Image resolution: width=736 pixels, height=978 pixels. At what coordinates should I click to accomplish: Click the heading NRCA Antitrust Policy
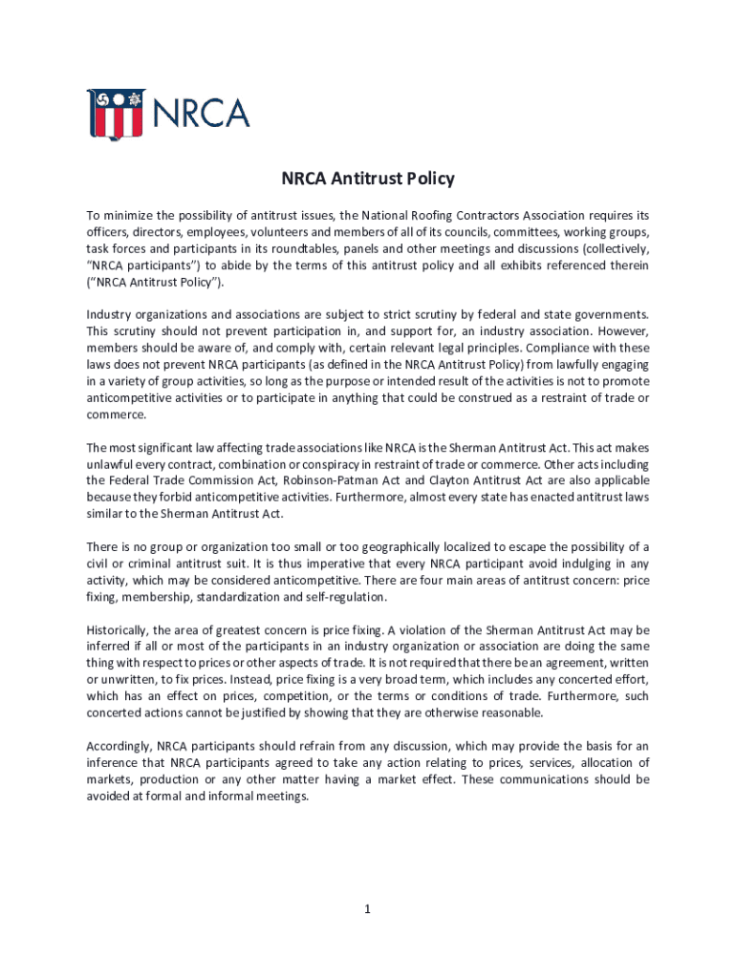coord(368,179)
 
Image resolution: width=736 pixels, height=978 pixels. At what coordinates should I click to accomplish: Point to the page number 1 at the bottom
coord(366,909)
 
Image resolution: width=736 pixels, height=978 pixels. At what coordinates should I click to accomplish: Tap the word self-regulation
coord(343,597)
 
